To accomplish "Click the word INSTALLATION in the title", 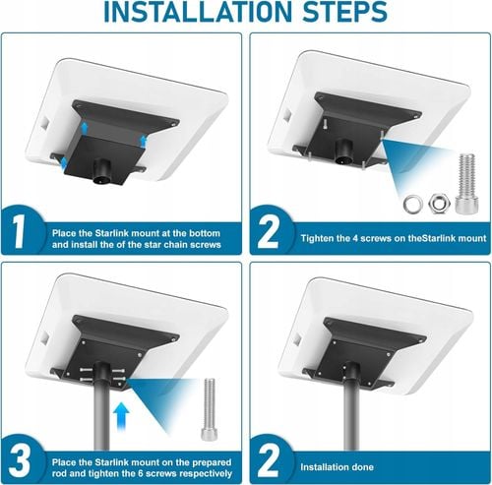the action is (198, 12).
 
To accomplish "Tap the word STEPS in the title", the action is (344, 12).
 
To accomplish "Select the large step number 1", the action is (19, 232).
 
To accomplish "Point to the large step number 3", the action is (20, 461).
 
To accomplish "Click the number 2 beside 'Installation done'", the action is (268, 461).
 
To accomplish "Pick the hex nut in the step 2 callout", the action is (439, 204).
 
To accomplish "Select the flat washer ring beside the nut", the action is (413, 204).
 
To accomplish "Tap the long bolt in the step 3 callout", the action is (209, 409).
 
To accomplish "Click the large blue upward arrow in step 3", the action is (121, 417).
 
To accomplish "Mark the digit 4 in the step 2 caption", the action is (355, 238).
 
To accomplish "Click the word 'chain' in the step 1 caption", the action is (176, 245).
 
